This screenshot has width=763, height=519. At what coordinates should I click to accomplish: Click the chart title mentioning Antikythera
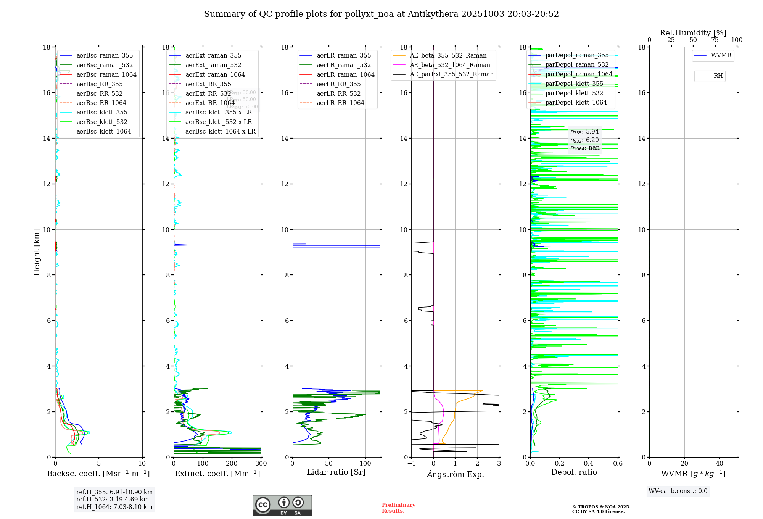(x=381, y=14)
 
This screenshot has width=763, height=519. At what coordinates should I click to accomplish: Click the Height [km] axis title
(x=37, y=252)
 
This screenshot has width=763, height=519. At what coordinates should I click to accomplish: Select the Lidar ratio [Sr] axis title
(x=336, y=472)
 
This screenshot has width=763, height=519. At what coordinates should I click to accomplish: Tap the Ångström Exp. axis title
(x=456, y=474)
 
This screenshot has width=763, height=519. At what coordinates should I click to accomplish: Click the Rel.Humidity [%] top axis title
(x=693, y=33)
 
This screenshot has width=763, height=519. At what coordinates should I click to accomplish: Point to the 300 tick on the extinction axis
(x=261, y=464)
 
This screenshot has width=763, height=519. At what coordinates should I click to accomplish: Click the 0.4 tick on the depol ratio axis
(x=589, y=464)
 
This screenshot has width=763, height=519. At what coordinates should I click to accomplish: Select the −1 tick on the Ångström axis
(x=411, y=464)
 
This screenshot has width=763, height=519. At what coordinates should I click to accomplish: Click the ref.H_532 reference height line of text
(x=113, y=500)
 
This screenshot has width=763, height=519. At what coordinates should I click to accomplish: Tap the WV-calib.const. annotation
(x=678, y=491)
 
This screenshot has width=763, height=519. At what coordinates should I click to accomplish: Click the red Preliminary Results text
(x=398, y=508)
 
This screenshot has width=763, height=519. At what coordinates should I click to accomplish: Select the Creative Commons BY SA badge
(x=282, y=506)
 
